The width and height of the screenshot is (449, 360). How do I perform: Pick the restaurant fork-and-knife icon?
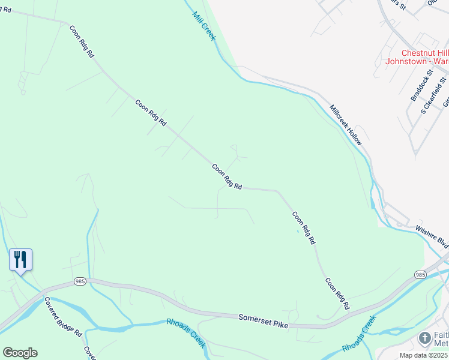(x=21, y=259)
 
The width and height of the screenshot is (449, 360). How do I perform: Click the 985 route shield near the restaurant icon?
(x=80, y=281)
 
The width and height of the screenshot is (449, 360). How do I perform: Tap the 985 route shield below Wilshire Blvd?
(x=420, y=274)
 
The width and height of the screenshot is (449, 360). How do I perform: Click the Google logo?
(x=20, y=352)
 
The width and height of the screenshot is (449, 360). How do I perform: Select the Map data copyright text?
(x=423, y=355)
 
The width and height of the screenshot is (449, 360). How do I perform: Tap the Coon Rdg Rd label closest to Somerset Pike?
(x=337, y=293)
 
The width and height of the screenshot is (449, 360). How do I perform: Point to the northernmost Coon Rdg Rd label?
(x=82, y=41)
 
